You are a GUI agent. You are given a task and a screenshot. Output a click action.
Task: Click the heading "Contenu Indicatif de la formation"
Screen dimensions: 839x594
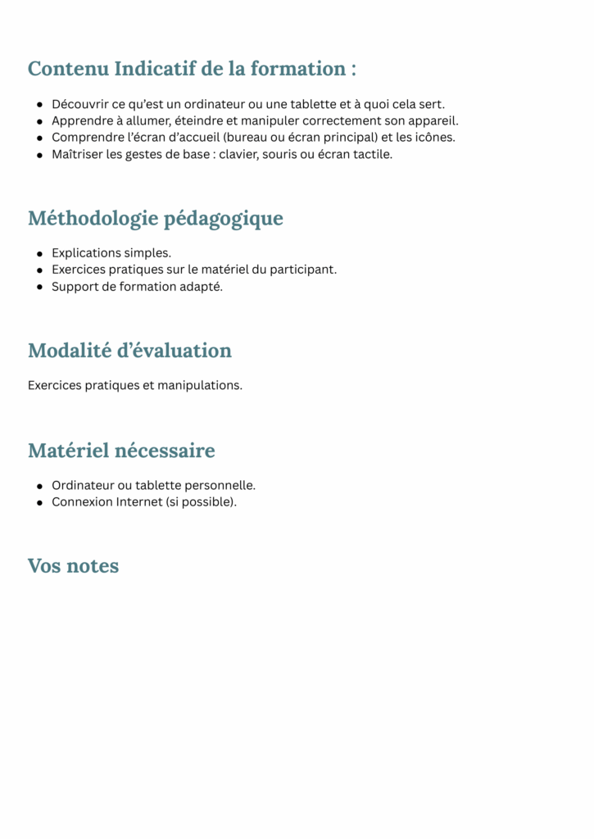point(192,69)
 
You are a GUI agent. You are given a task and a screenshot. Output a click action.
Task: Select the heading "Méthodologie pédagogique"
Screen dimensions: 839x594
point(156,219)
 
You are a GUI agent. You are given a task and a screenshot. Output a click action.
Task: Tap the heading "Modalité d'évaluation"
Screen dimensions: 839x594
point(129,351)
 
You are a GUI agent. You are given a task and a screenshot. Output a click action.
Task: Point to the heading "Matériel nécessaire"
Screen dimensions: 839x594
point(121,451)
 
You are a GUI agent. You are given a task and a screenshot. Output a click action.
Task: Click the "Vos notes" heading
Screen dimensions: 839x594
point(73,566)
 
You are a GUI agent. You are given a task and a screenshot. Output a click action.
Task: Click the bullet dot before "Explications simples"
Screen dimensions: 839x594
point(39,253)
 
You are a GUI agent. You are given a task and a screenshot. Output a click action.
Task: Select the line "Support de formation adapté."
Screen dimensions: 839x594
point(137,287)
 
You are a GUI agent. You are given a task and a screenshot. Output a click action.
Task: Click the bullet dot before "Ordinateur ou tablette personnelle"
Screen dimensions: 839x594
point(39,486)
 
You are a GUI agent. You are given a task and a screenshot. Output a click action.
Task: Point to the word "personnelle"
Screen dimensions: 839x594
point(221,486)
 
